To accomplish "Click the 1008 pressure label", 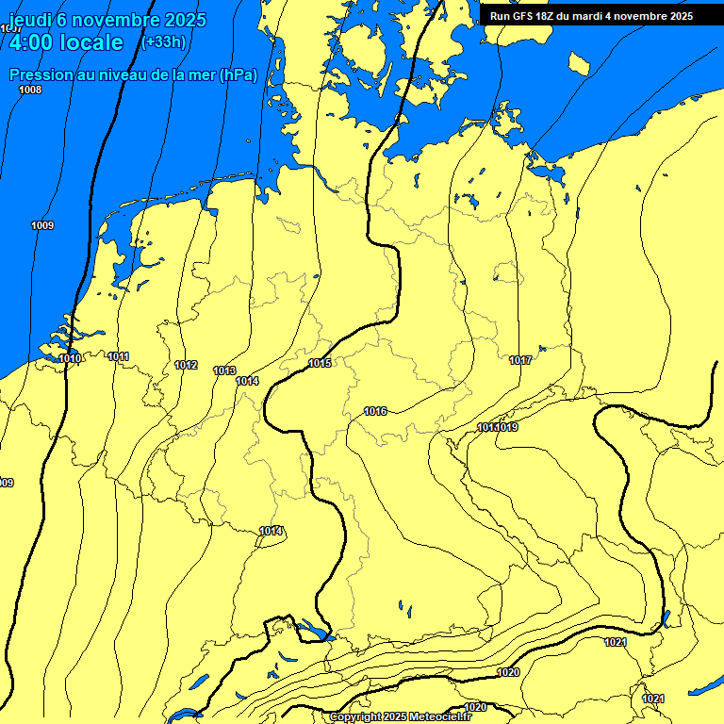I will tap(30, 90).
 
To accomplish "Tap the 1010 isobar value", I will tap(70, 358).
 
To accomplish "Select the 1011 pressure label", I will tap(119, 356).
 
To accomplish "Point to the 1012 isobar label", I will tap(186, 365).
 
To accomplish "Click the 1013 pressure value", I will tap(224, 370).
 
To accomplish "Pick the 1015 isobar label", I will tap(320, 363).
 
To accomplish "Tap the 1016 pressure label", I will tap(375, 411).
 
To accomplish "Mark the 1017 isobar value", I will tap(520, 360).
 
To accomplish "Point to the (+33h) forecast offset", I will tap(162, 42).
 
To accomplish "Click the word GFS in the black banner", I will tap(524, 16).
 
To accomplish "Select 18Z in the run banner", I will tap(549, 16).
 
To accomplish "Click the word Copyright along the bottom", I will tap(356, 717).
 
